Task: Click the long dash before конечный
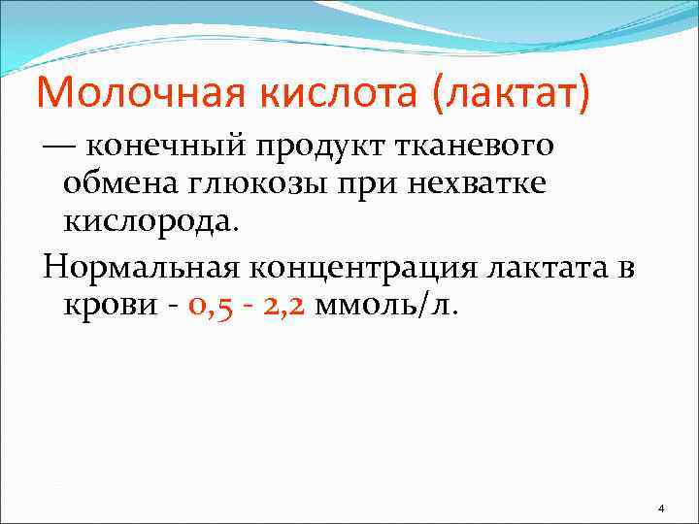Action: coord(57,147)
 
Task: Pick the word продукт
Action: coord(321,147)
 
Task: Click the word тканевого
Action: coord(475,147)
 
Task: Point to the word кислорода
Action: coord(148,223)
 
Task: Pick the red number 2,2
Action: coord(283,307)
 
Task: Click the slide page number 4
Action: coord(660,508)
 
